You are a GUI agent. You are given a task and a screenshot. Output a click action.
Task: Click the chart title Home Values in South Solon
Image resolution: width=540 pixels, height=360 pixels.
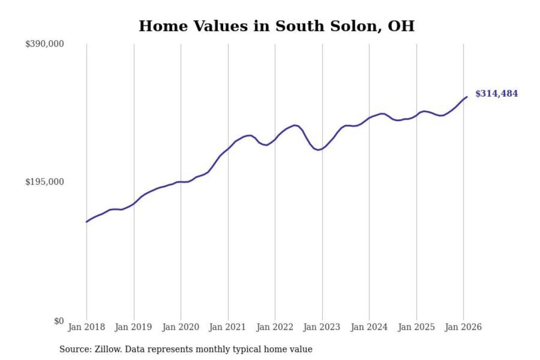tap(276, 26)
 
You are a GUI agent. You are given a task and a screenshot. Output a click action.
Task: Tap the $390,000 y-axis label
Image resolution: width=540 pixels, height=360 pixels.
tap(45, 44)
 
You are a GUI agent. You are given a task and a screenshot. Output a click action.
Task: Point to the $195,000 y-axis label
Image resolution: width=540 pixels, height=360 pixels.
tap(45, 182)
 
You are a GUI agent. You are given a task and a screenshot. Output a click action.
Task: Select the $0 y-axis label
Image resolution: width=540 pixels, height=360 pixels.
tap(59, 321)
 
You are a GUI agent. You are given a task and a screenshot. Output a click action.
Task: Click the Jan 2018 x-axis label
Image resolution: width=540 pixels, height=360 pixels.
tap(86, 327)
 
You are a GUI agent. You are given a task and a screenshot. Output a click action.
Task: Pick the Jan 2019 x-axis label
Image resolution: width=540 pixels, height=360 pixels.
tap(133, 327)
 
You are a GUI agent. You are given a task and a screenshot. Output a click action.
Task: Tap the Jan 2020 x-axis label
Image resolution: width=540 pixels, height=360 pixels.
tap(180, 327)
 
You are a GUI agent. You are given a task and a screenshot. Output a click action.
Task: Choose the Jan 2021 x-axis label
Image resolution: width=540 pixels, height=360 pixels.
tap(227, 327)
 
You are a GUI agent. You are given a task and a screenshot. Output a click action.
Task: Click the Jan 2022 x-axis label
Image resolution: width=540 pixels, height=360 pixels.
tap(274, 327)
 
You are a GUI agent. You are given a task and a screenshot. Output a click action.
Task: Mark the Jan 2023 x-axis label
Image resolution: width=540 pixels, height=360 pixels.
tap(321, 327)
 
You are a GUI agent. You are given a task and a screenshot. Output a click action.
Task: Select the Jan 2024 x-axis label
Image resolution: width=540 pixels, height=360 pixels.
tap(369, 327)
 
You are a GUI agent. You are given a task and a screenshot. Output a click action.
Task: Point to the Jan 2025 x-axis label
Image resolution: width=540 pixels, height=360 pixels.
tap(416, 327)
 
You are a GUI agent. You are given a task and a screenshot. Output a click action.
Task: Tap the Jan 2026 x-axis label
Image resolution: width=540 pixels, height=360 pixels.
tap(463, 327)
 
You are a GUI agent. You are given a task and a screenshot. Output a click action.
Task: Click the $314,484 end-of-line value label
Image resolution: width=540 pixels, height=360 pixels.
tap(496, 94)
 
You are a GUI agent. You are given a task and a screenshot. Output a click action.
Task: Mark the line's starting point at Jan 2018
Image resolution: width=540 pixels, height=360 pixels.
tap(87, 222)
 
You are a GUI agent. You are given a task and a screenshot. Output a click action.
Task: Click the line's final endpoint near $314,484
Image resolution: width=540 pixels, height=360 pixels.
tap(467, 97)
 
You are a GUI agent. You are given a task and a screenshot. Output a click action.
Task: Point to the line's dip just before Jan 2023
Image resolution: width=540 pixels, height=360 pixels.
tap(318, 150)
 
